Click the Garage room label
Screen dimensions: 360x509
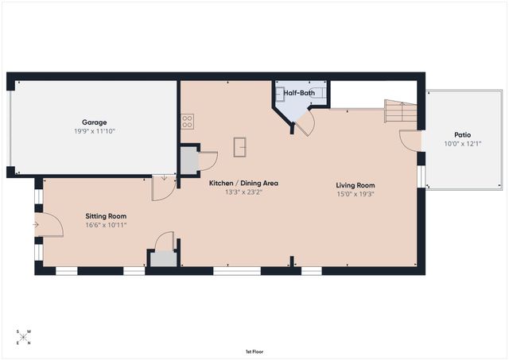click(x=94, y=122)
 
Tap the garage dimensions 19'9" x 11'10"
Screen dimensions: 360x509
click(x=94, y=131)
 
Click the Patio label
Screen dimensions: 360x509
click(x=462, y=135)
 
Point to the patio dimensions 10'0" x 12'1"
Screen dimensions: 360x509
click(x=462, y=144)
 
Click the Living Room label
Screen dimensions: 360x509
click(x=355, y=185)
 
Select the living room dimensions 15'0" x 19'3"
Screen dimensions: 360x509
click(x=355, y=194)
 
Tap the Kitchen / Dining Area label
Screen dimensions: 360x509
click(x=243, y=183)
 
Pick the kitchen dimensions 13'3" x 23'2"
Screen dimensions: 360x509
click(x=243, y=192)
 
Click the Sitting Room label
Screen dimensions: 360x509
click(x=106, y=216)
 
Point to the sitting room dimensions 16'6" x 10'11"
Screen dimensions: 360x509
click(x=106, y=225)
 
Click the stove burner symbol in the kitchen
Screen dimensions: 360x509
click(x=188, y=121)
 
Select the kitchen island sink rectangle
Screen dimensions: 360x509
click(x=239, y=147)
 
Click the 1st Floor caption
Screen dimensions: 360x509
click(x=254, y=350)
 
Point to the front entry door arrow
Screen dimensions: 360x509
click(x=36, y=225)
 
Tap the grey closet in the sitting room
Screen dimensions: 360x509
click(x=164, y=258)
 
